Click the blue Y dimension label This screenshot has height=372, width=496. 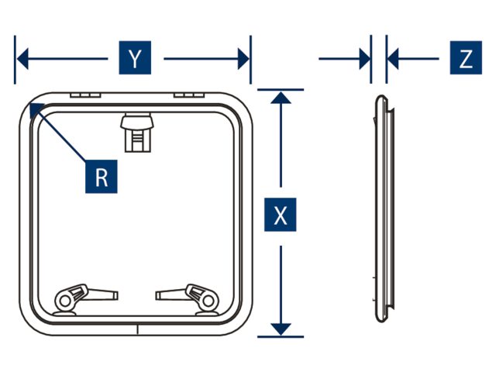pos(136,59)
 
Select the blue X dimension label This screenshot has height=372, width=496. pos(281,215)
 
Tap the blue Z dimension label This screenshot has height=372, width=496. pos(465,59)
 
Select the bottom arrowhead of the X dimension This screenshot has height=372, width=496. pos(281,329)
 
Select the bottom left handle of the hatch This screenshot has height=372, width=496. pos(77,298)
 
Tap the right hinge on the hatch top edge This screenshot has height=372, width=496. pos(188,95)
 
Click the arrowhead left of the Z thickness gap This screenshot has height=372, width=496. pos(363,59)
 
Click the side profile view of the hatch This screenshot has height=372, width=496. pos(382,213)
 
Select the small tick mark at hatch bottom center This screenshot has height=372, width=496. pos(136,329)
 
